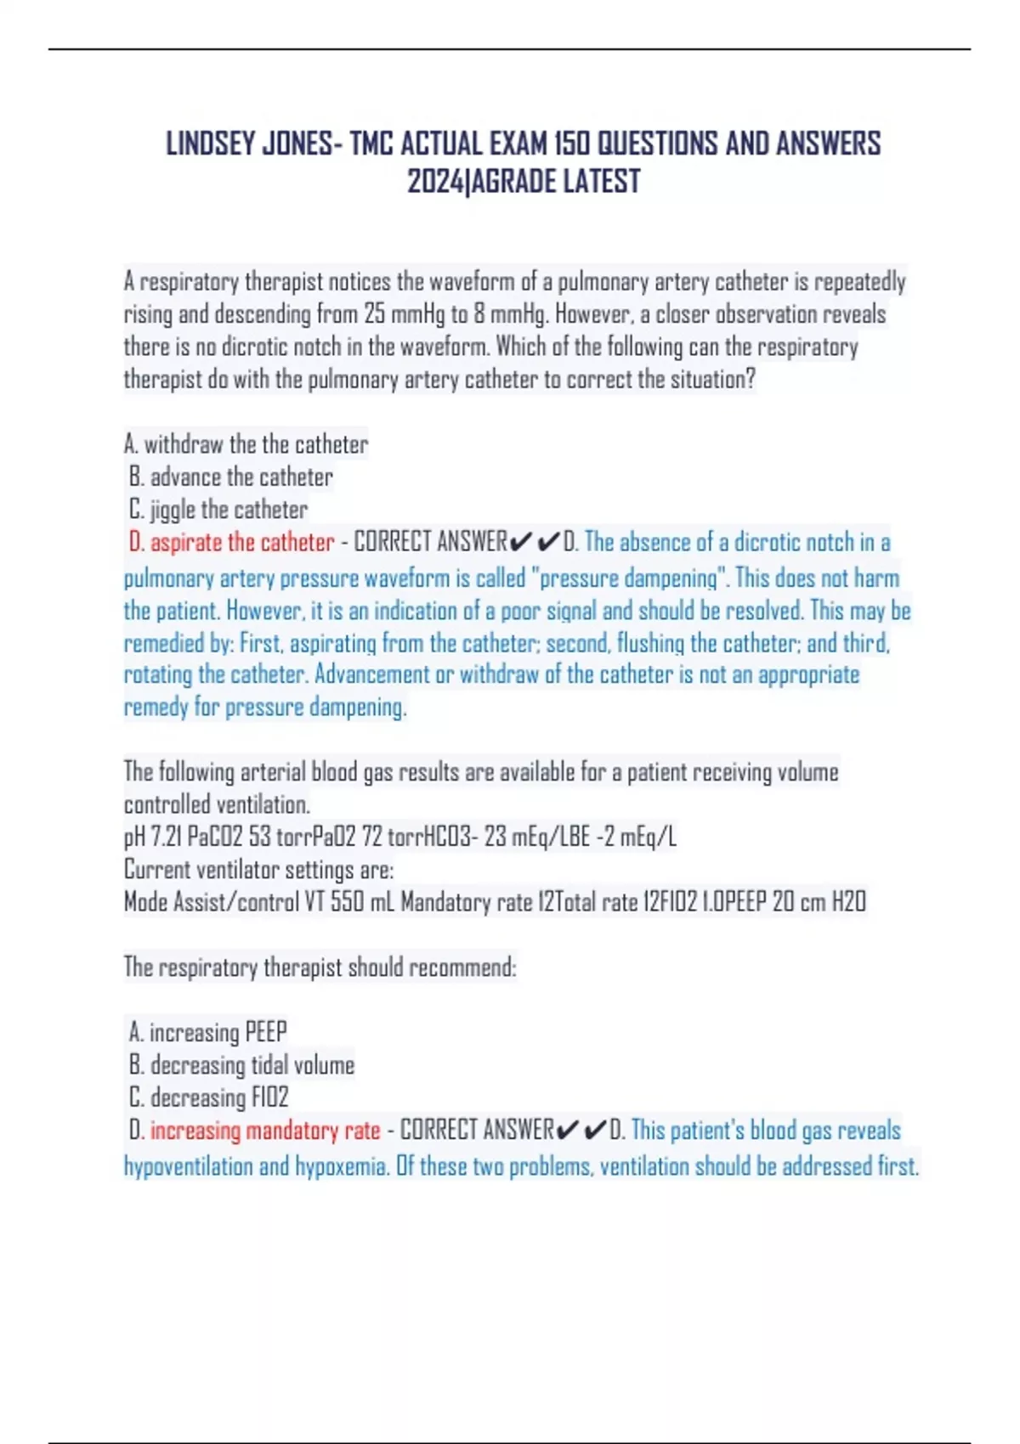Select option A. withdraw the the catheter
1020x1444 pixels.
[246, 444]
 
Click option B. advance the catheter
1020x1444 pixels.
[231, 477]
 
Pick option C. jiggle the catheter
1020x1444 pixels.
[218, 510]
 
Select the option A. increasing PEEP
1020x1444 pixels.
[208, 1032]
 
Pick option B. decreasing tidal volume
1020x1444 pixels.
[242, 1065]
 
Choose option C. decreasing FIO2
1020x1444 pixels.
[209, 1097]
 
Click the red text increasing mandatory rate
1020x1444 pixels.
[265, 1131]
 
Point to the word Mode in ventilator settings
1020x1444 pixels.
[146, 901]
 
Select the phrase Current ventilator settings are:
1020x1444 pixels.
[258, 869]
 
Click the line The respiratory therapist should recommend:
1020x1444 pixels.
[320, 967]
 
